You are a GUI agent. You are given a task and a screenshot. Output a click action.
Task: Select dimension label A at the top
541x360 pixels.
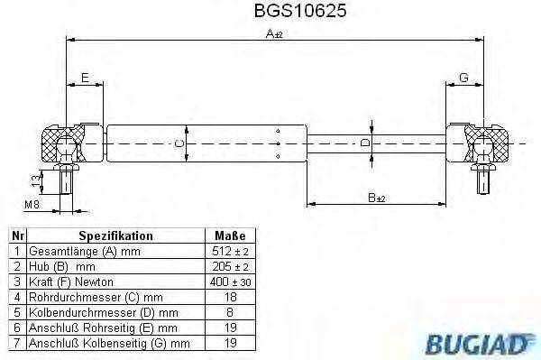271,33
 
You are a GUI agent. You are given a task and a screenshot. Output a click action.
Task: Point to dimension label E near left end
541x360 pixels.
84,78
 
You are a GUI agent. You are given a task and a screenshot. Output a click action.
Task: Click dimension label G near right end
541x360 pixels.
463,78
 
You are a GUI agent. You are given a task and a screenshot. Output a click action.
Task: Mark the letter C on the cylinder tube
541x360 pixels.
179,143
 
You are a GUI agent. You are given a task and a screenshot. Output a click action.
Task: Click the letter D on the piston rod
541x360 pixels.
365,143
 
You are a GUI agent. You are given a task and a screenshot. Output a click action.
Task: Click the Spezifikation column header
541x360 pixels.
109,235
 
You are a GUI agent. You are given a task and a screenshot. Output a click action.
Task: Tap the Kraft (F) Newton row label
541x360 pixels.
71,281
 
